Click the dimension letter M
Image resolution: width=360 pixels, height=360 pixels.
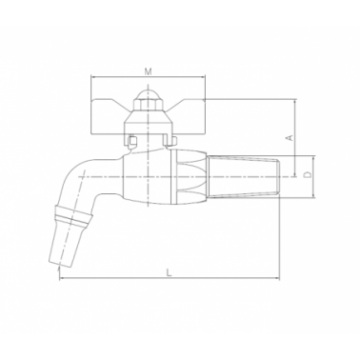(x=148, y=71)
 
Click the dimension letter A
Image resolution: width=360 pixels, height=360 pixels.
(x=290, y=137)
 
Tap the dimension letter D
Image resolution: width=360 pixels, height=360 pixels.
(x=307, y=174)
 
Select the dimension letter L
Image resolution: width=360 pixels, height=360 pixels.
(x=170, y=272)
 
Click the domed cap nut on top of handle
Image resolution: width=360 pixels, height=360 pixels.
(x=148, y=97)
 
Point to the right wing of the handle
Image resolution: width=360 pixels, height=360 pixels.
(x=187, y=116)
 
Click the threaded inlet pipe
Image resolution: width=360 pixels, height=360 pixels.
(x=243, y=176)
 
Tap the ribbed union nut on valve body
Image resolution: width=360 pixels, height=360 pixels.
(x=189, y=177)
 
